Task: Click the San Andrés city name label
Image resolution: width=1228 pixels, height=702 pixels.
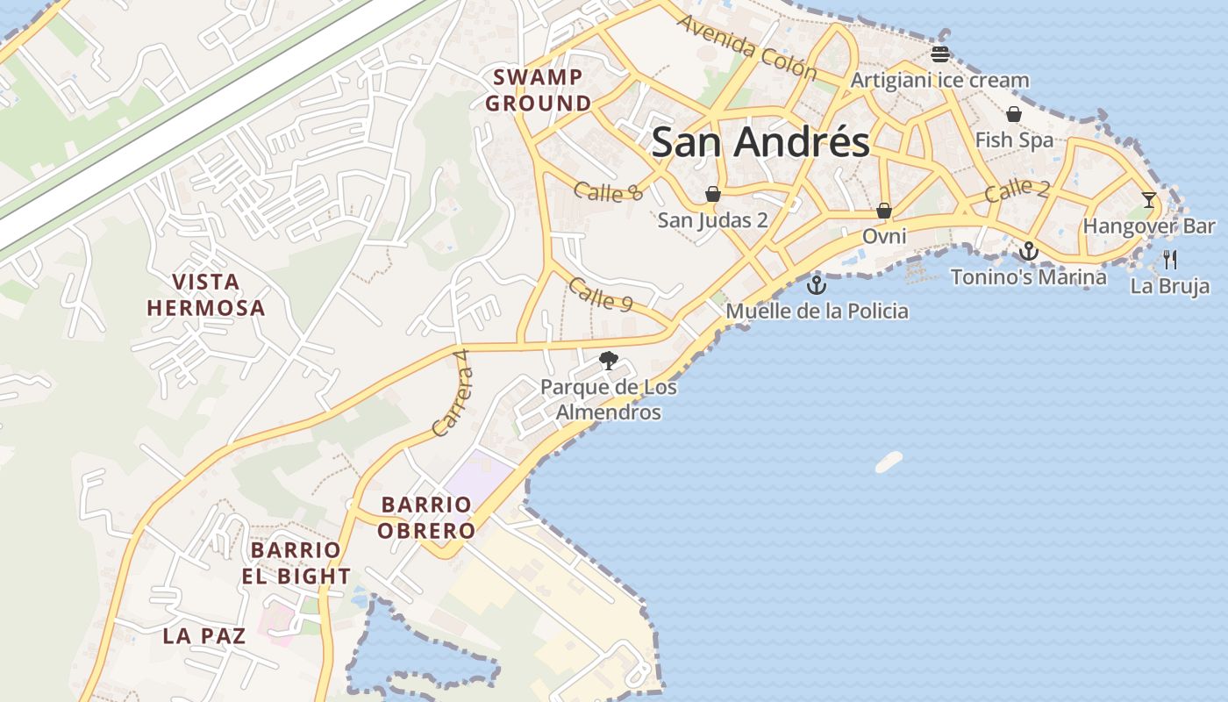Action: click(x=760, y=142)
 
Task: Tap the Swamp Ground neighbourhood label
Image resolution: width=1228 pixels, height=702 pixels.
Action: click(x=539, y=90)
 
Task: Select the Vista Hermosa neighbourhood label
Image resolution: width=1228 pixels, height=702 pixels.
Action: click(x=206, y=295)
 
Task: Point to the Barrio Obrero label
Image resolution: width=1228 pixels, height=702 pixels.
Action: click(x=427, y=518)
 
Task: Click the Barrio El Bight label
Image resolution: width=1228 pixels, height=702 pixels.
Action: click(x=300, y=563)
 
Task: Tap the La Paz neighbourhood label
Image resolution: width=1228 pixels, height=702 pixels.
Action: click(x=204, y=636)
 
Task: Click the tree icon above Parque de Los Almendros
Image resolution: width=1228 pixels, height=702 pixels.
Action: click(x=608, y=360)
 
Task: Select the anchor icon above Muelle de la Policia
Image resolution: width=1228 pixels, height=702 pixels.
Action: click(x=817, y=285)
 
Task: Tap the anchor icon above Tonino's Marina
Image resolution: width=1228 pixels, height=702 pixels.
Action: click(x=1028, y=252)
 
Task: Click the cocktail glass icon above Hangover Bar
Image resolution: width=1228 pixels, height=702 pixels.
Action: click(x=1149, y=200)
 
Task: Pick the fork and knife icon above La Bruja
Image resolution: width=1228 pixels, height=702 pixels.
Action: click(x=1169, y=259)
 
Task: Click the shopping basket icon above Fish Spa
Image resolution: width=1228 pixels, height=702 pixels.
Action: click(x=1014, y=114)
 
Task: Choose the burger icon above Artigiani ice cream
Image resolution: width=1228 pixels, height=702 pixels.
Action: click(x=940, y=54)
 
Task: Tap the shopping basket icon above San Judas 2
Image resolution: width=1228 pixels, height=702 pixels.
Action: click(x=713, y=194)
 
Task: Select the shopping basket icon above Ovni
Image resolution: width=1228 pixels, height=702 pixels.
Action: click(x=884, y=211)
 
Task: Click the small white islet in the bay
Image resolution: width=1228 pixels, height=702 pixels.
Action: click(x=889, y=462)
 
